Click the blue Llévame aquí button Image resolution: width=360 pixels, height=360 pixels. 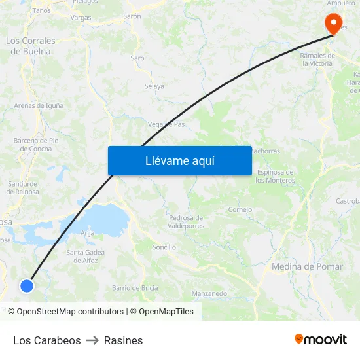tap(179, 160)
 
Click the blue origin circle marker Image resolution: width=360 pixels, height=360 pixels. tap(26, 285)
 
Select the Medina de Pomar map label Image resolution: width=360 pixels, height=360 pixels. tap(307, 266)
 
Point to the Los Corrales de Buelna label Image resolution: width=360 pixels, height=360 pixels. tap(31, 46)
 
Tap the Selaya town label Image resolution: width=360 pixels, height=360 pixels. tap(154, 86)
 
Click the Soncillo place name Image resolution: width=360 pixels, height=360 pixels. tap(164, 247)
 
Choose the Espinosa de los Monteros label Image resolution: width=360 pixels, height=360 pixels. tap(275, 176)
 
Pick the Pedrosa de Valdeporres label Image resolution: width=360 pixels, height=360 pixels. tap(186, 222)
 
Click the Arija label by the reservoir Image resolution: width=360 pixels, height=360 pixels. tap(87, 232)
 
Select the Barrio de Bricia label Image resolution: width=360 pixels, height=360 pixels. tap(135, 287)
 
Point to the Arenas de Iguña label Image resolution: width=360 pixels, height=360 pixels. tap(39, 105)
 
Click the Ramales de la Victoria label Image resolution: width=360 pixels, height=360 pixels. tap(317, 60)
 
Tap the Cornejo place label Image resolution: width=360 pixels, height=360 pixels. tap(240, 210)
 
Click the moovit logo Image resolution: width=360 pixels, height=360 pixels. tap(321, 339)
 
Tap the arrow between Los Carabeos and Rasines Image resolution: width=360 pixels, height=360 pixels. tap(92, 340)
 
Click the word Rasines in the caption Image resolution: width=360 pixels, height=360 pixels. tap(123, 340)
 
